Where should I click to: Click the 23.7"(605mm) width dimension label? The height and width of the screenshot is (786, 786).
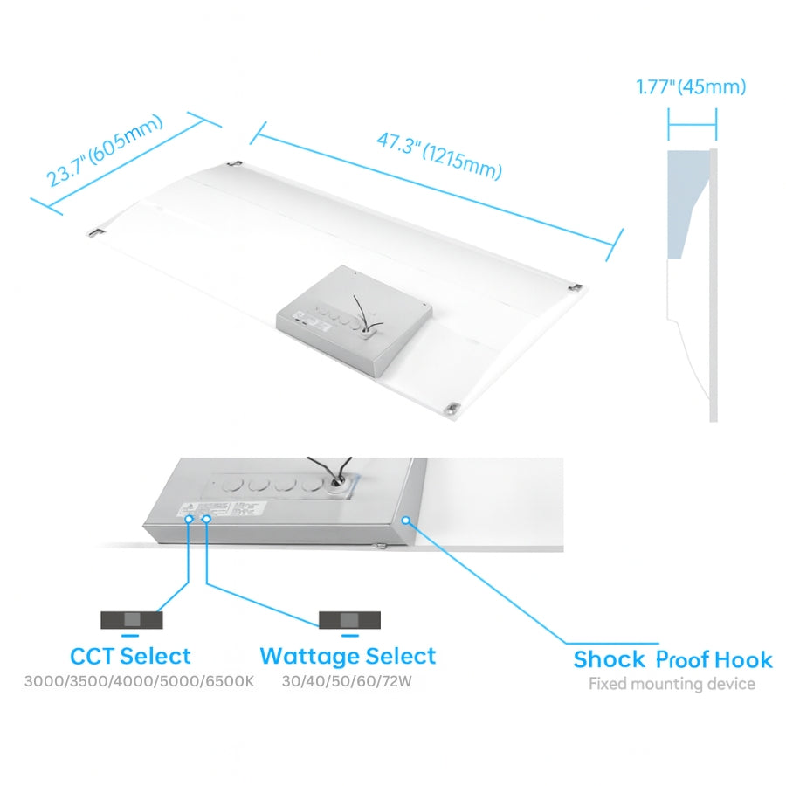pyautogui.click(x=105, y=150)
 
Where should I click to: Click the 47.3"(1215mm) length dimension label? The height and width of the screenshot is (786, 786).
pyautogui.click(x=439, y=155)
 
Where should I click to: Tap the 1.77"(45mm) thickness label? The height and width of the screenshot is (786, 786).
pyautogui.click(x=692, y=86)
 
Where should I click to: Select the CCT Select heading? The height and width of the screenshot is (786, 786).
pyautogui.click(x=130, y=656)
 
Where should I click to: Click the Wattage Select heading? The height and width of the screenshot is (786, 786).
pyautogui.click(x=348, y=656)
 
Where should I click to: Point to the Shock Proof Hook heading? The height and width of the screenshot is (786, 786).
pyautogui.click(x=672, y=659)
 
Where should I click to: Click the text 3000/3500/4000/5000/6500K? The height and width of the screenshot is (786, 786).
pyautogui.click(x=140, y=682)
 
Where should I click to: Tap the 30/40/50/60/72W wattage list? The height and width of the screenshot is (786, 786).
pyautogui.click(x=347, y=682)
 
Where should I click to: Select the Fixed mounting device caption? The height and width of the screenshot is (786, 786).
pyautogui.click(x=672, y=684)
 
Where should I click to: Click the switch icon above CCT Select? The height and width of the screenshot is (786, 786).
pyautogui.click(x=132, y=620)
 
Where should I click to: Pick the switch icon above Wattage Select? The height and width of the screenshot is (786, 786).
pyautogui.click(x=350, y=620)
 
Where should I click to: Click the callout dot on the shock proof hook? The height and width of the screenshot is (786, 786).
pyautogui.click(x=406, y=521)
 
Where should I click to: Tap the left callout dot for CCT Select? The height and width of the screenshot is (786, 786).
pyautogui.click(x=189, y=519)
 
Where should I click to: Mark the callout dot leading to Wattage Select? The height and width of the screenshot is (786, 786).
pyautogui.click(x=206, y=519)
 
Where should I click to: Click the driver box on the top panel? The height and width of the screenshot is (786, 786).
pyautogui.click(x=355, y=320)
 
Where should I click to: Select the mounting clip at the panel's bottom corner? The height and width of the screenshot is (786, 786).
pyautogui.click(x=453, y=408)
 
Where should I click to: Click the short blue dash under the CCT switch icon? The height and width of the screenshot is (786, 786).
pyautogui.click(x=130, y=636)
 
